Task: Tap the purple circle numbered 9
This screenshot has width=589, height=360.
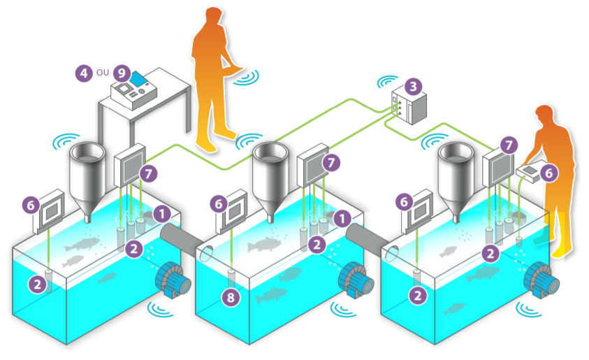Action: [122, 72]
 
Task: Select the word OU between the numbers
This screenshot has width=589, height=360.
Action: [103, 72]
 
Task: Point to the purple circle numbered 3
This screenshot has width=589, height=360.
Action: [414, 87]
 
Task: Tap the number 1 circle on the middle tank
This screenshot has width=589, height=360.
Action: [342, 218]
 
